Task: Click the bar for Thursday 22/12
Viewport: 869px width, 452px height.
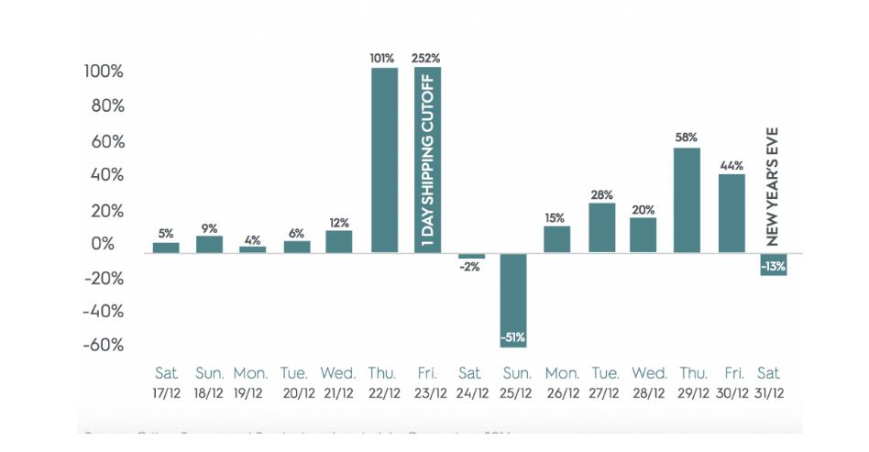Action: (384, 160)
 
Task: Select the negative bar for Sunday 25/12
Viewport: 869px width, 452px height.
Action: (513, 293)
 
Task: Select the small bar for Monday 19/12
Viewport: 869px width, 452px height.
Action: (252, 248)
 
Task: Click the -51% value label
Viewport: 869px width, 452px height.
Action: (513, 338)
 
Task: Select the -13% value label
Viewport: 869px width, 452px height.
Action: (773, 266)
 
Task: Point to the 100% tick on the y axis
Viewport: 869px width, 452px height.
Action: (103, 72)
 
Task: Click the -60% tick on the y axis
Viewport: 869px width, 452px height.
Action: (103, 346)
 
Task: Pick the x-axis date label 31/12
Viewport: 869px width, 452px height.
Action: (768, 393)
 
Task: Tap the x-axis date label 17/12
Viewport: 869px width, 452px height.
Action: (166, 393)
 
